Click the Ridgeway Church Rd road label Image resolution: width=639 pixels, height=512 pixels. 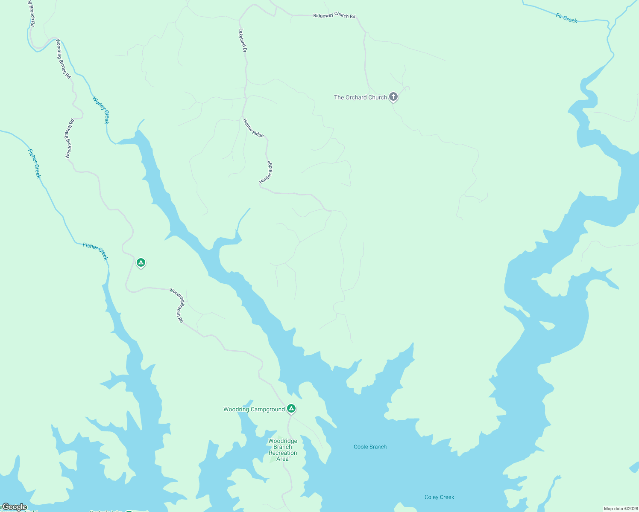click(334, 15)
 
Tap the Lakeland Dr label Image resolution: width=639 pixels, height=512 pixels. click(243, 41)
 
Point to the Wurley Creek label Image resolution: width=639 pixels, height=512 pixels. click(101, 110)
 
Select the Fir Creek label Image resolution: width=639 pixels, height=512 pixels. click(566, 18)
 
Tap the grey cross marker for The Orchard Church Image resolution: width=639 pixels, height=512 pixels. click(393, 97)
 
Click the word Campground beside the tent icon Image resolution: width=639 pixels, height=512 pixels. click(268, 409)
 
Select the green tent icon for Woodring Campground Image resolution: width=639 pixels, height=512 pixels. click(291, 409)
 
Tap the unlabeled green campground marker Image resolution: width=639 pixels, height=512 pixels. click(141, 262)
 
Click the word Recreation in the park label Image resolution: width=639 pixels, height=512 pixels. click(283, 453)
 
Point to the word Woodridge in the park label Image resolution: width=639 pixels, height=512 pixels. click(283, 441)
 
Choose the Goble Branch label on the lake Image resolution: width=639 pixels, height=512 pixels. click(370, 447)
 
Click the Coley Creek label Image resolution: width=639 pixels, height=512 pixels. click(439, 497)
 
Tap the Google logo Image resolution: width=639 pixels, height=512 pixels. click(14, 507)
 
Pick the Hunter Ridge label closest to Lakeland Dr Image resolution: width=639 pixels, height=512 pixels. click(253, 128)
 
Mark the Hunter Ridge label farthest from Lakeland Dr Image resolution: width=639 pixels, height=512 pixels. click(266, 172)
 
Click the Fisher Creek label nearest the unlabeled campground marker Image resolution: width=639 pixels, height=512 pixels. click(95, 251)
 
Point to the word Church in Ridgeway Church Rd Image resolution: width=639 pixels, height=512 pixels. click(341, 15)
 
